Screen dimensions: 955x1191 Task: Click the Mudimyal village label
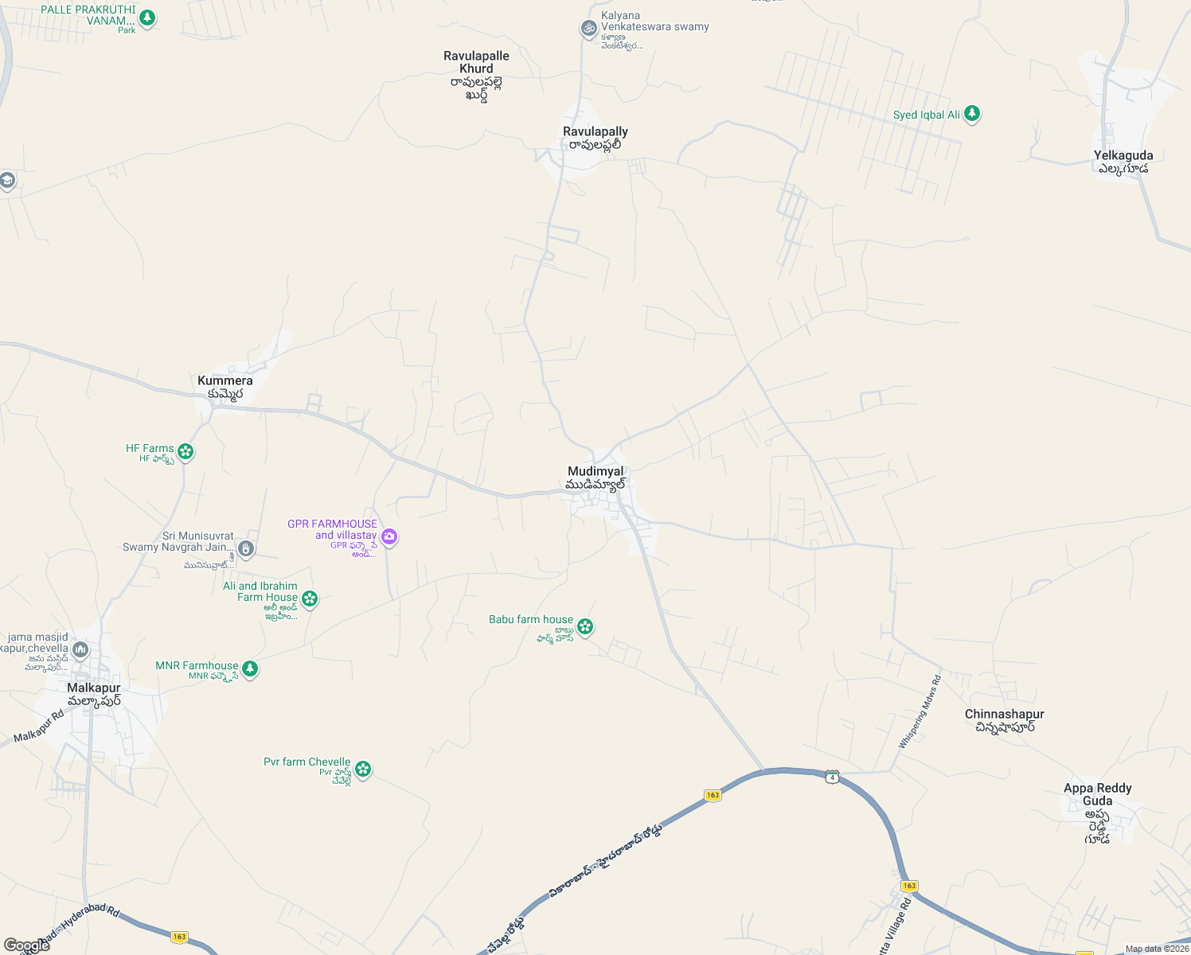595,472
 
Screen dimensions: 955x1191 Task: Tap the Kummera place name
225,381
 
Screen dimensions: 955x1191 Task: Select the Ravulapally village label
595,132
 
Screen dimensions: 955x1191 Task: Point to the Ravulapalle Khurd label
476,63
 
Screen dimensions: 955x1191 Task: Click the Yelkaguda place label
1123,156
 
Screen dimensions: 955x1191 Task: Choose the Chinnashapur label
1004,715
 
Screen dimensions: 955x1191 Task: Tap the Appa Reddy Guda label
1097,794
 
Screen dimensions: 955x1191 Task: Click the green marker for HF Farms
185,452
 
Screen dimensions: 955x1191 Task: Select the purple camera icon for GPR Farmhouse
389,536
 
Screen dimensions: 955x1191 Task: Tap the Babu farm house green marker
585,627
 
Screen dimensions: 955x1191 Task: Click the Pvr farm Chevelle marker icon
363,769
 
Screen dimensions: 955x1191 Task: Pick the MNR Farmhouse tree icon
250,668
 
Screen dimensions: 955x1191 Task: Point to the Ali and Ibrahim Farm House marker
310,598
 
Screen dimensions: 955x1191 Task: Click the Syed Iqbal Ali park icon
971,114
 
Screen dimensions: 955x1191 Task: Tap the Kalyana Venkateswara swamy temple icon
588,29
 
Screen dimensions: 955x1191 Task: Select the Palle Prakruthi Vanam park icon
146,17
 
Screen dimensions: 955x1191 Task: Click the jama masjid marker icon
80,650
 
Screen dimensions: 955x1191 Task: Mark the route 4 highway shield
832,776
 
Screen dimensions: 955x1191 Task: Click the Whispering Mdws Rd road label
920,712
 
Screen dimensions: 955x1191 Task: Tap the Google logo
26,945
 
